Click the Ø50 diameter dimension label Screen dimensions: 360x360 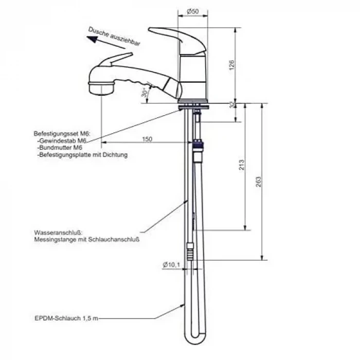point(193,11)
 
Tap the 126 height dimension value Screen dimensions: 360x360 point(232,65)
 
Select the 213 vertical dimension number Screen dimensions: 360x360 point(242,165)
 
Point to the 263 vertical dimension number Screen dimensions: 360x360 point(258,182)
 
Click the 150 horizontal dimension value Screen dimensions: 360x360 point(147,139)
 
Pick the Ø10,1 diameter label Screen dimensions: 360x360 point(171,265)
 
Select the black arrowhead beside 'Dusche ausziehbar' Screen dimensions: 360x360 point(92,39)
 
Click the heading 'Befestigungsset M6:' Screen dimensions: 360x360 point(62,134)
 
